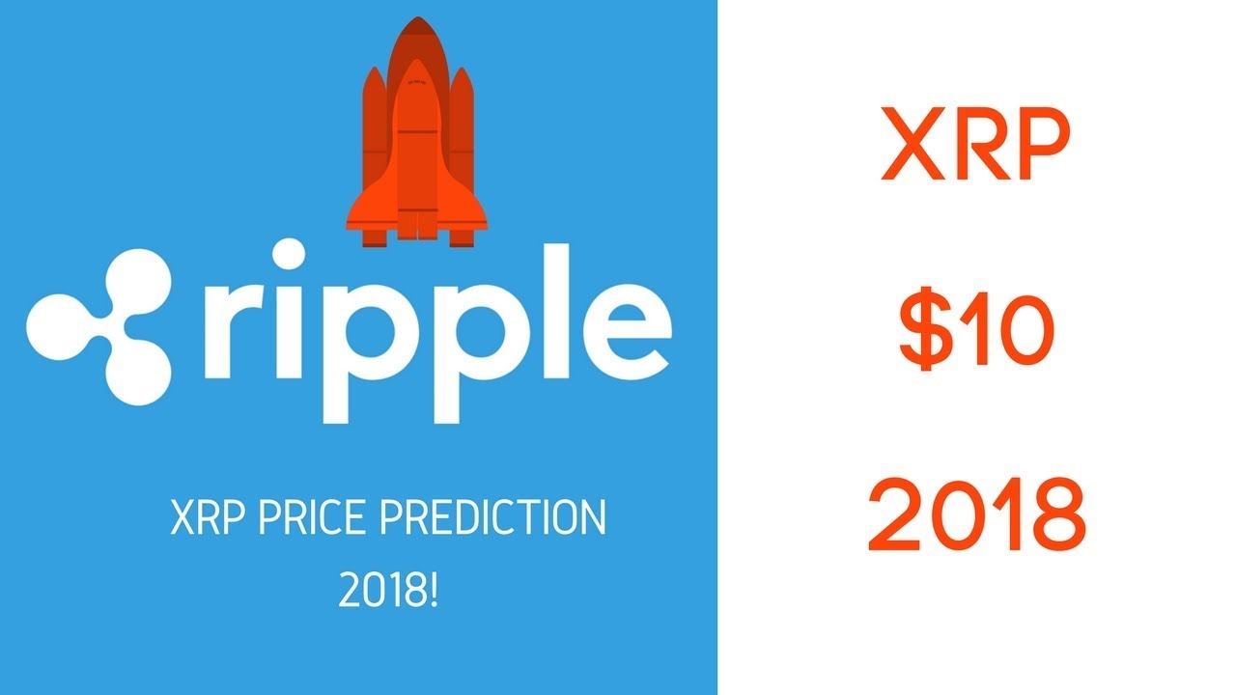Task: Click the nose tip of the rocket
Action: tap(418, 17)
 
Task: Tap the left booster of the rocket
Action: tap(375, 157)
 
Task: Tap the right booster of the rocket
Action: tap(462, 157)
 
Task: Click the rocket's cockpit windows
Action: tap(417, 83)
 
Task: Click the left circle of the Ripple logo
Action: tap(59, 326)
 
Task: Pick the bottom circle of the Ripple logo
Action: tap(137, 373)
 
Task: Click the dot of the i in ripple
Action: tap(288, 254)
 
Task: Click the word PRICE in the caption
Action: tap(311, 516)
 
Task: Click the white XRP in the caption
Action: tap(208, 516)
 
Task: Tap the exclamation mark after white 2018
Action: tap(434, 590)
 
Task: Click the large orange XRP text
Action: tap(976, 144)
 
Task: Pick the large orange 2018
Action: tap(977, 514)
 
